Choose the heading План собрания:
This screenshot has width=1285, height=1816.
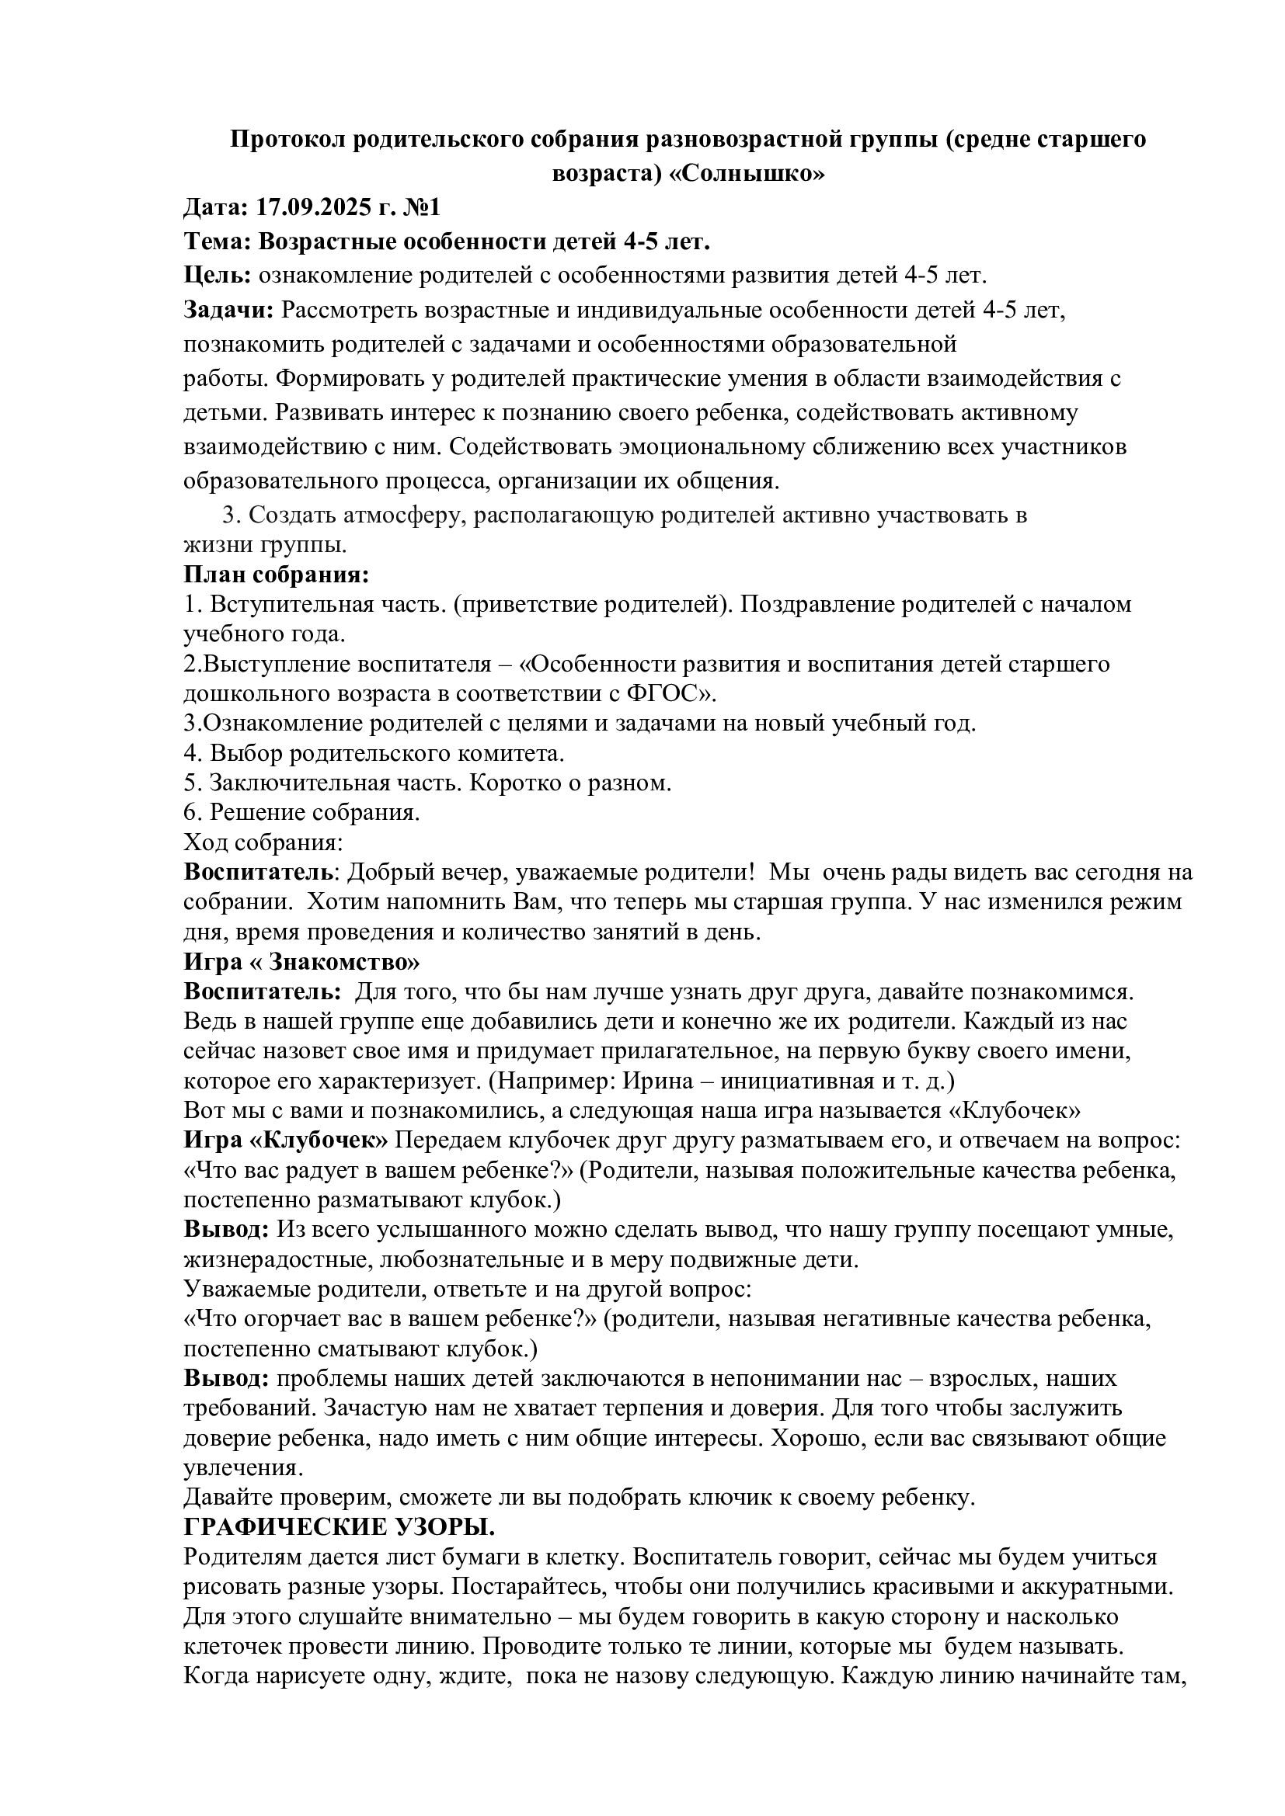(x=277, y=574)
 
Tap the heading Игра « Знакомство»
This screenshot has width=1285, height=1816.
(x=301, y=963)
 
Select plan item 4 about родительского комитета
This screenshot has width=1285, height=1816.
(x=374, y=753)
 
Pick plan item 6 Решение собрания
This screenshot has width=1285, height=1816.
(x=301, y=812)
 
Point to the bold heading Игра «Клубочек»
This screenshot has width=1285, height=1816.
(x=287, y=1141)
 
